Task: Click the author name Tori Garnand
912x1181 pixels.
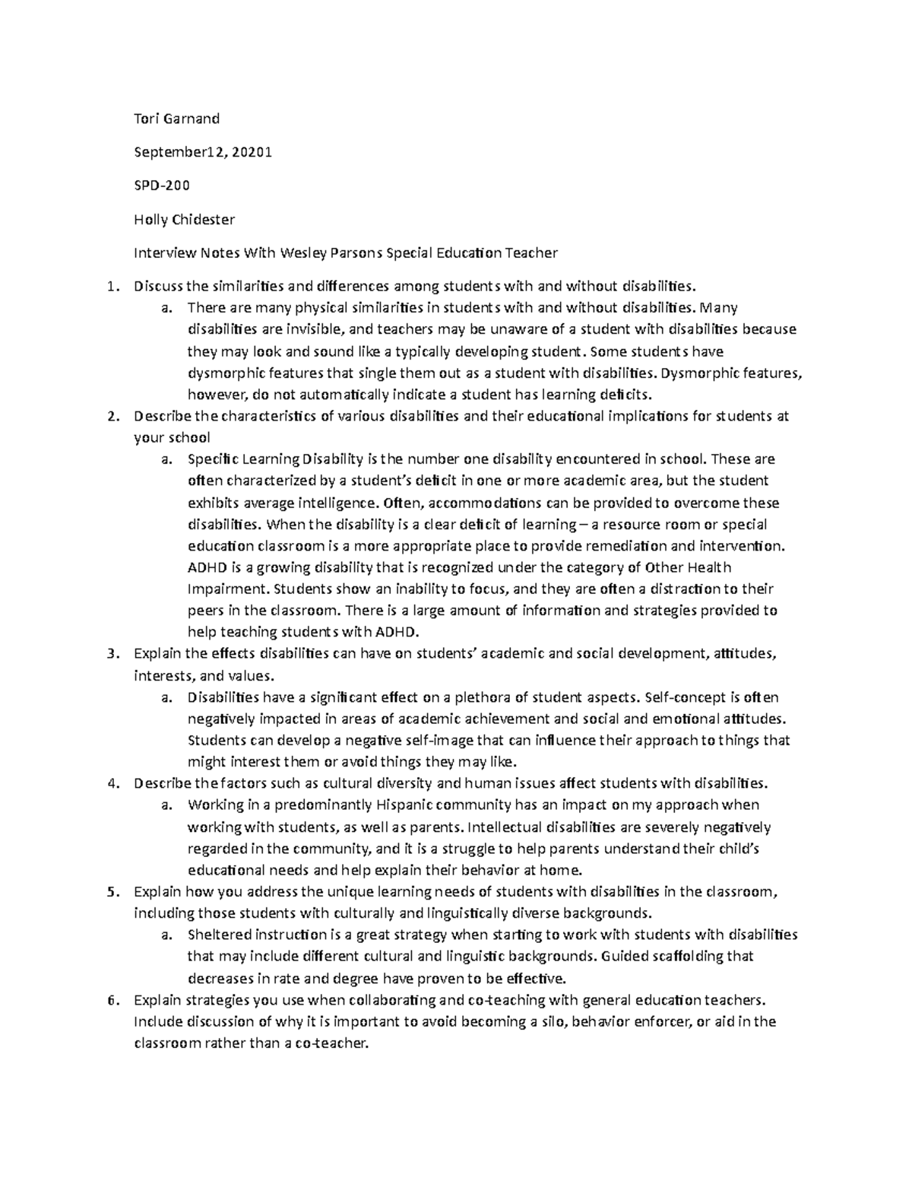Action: pyautogui.click(x=176, y=119)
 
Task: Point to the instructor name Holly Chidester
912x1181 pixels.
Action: pyautogui.click(x=184, y=220)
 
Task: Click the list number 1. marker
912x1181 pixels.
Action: pyautogui.click(x=113, y=287)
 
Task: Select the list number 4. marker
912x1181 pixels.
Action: pyautogui.click(x=113, y=783)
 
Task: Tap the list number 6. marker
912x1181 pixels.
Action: pyautogui.click(x=113, y=1000)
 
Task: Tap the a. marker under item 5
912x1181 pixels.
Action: pyautogui.click(x=166, y=935)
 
